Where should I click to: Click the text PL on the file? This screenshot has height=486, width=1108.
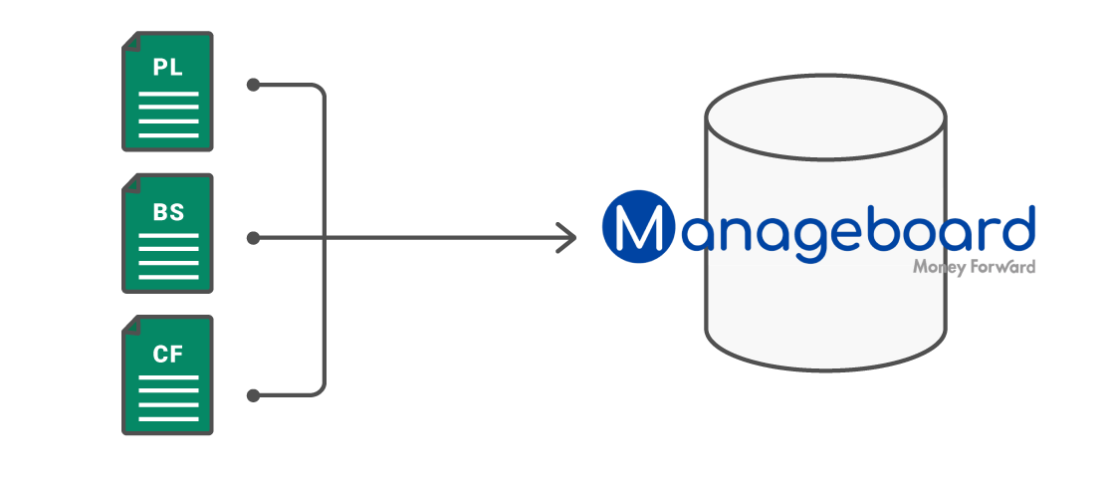click(167, 68)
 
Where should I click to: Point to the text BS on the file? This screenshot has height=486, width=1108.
click(167, 211)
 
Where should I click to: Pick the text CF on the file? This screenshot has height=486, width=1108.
click(167, 353)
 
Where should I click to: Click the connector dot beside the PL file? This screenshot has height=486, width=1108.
click(253, 86)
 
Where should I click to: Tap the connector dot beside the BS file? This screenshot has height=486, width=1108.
click(253, 238)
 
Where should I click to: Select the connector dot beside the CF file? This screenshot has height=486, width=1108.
click(253, 395)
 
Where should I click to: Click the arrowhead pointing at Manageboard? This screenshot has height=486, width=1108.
click(568, 238)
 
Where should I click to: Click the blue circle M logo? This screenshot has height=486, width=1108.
click(633, 227)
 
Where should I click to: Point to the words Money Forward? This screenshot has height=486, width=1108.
click(974, 267)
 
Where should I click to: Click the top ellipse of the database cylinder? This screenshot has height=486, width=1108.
click(825, 118)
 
